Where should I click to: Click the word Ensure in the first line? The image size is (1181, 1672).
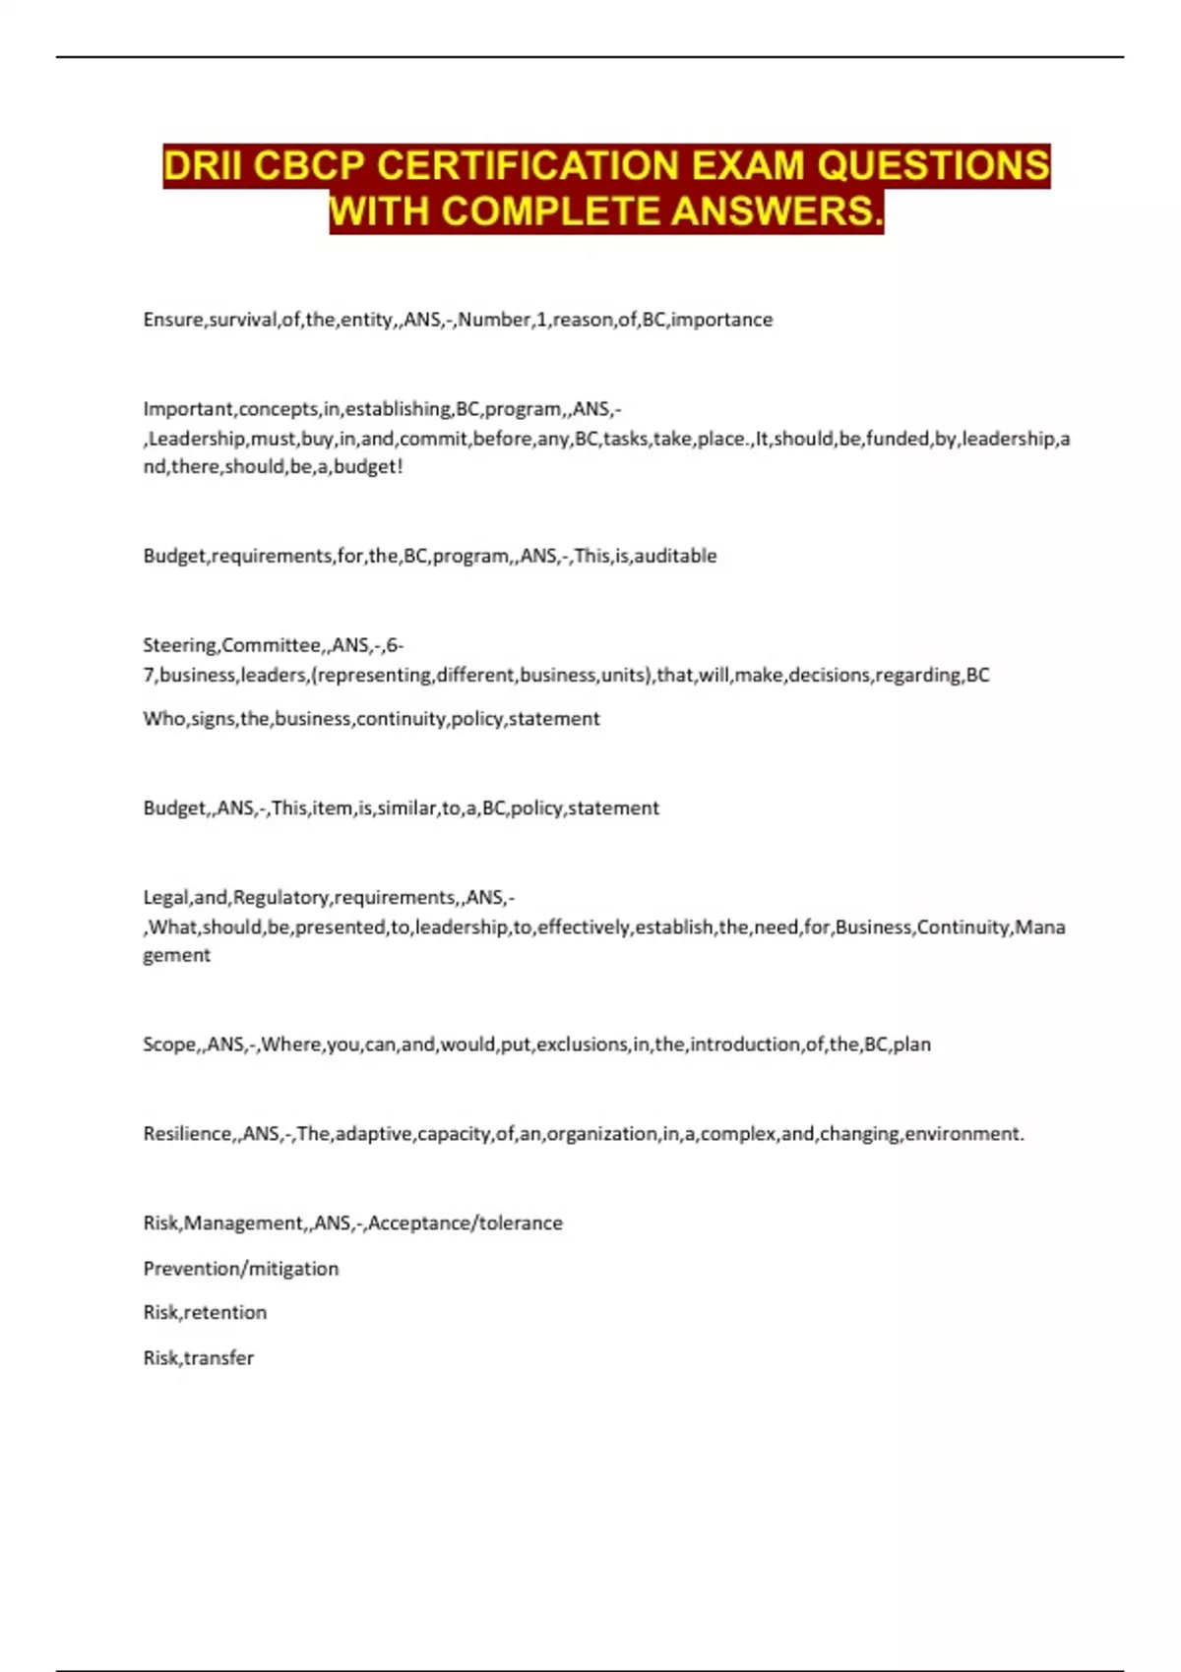(172, 320)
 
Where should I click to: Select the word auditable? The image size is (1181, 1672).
(675, 556)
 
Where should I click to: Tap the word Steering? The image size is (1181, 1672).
(179, 645)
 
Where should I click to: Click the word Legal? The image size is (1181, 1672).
(165, 898)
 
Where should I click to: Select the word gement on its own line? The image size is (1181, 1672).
(176, 955)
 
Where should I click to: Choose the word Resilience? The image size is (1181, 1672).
(188, 1134)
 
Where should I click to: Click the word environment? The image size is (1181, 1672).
(963, 1134)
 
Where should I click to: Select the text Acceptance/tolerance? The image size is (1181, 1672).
(466, 1224)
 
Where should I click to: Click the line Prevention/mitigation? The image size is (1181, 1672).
(241, 1269)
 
